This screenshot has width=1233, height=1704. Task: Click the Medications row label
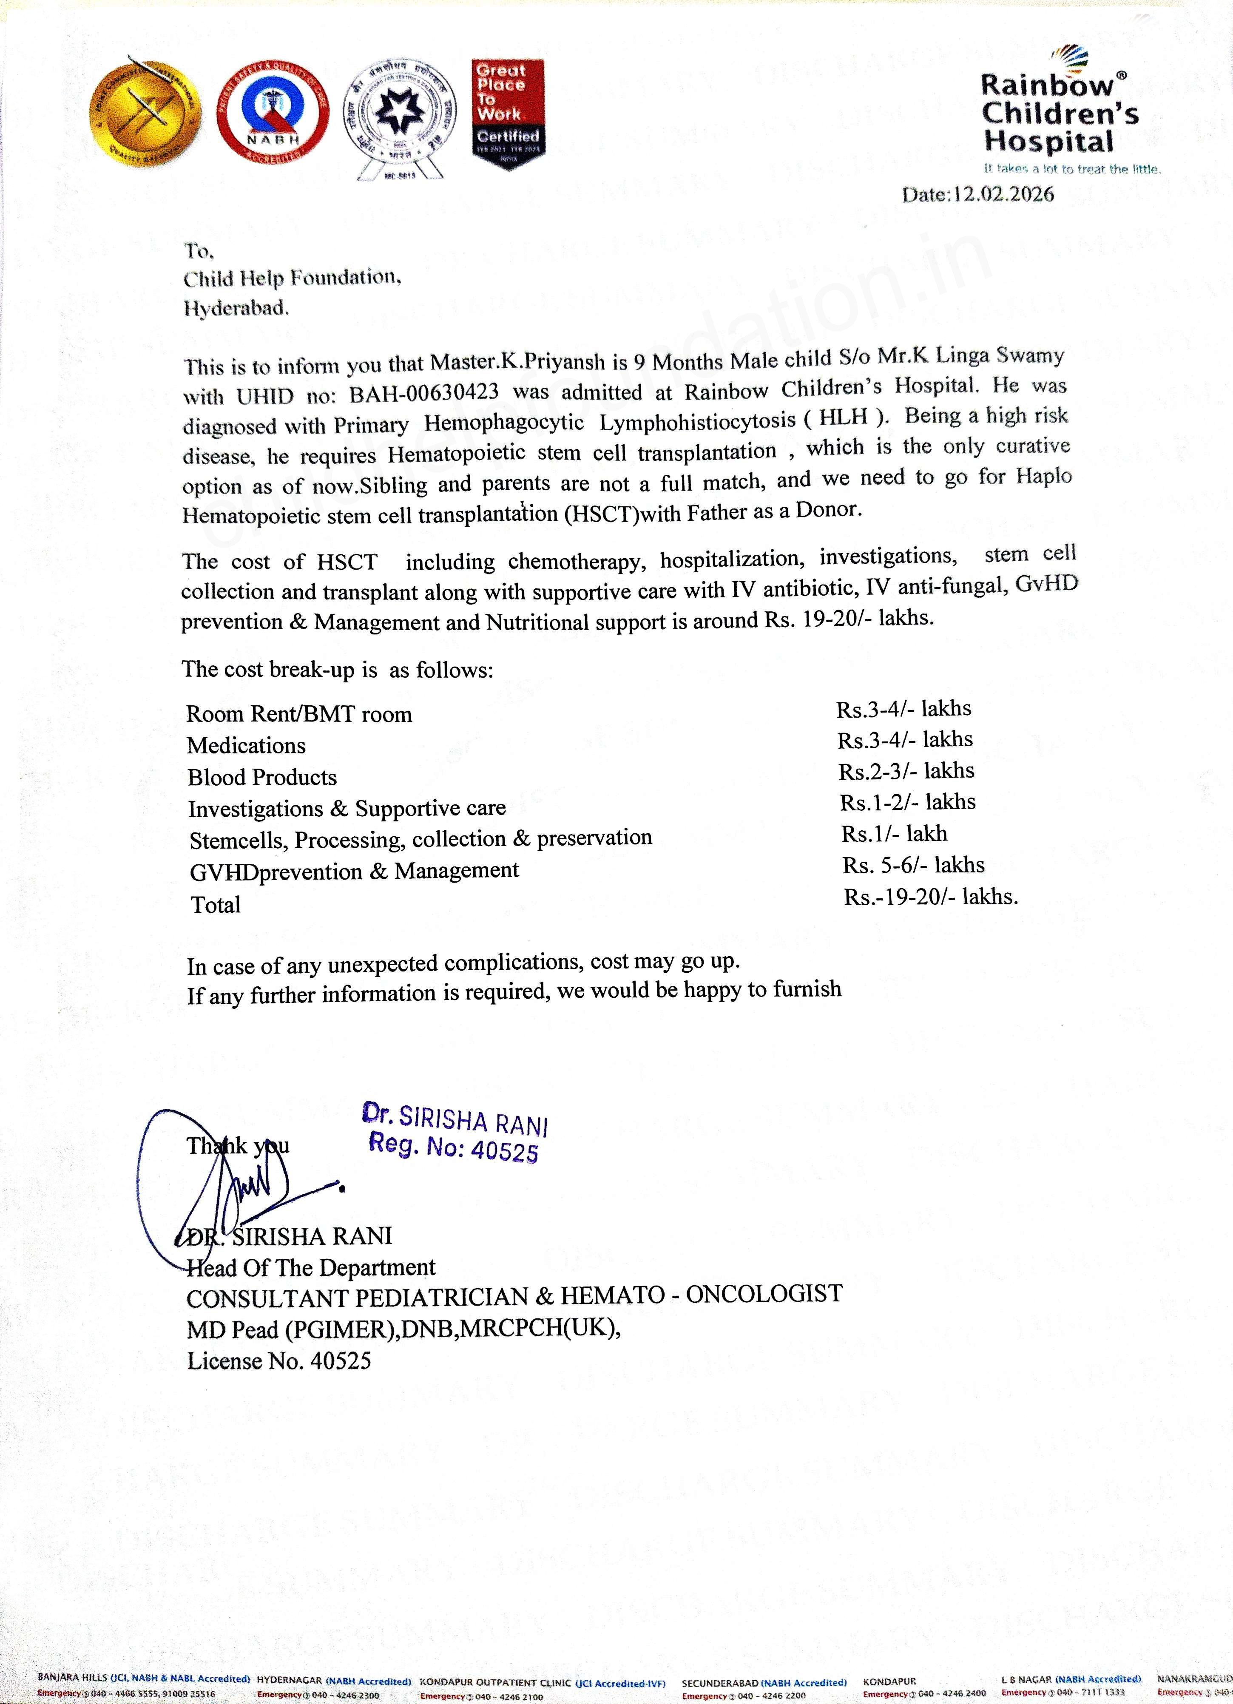coord(246,746)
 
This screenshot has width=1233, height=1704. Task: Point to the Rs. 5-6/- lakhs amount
coord(913,866)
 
